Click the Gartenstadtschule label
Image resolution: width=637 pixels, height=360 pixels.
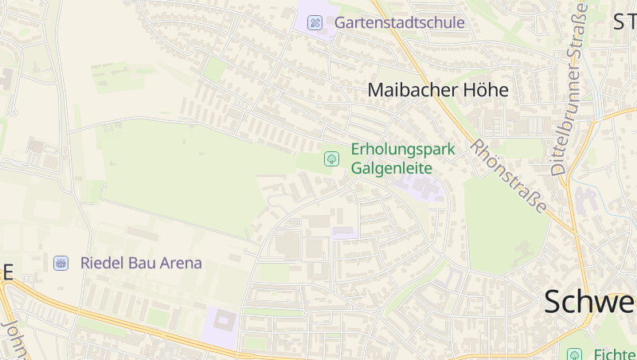pos(399,22)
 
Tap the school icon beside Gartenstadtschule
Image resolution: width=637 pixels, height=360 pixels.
pos(315,22)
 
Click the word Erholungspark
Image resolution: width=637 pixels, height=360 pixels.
pos(403,149)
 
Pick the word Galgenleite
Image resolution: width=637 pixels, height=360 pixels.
pos(391,168)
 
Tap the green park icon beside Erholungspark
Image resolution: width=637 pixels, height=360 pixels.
pos(331,158)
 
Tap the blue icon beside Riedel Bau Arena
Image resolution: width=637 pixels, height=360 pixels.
pos(61,263)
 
